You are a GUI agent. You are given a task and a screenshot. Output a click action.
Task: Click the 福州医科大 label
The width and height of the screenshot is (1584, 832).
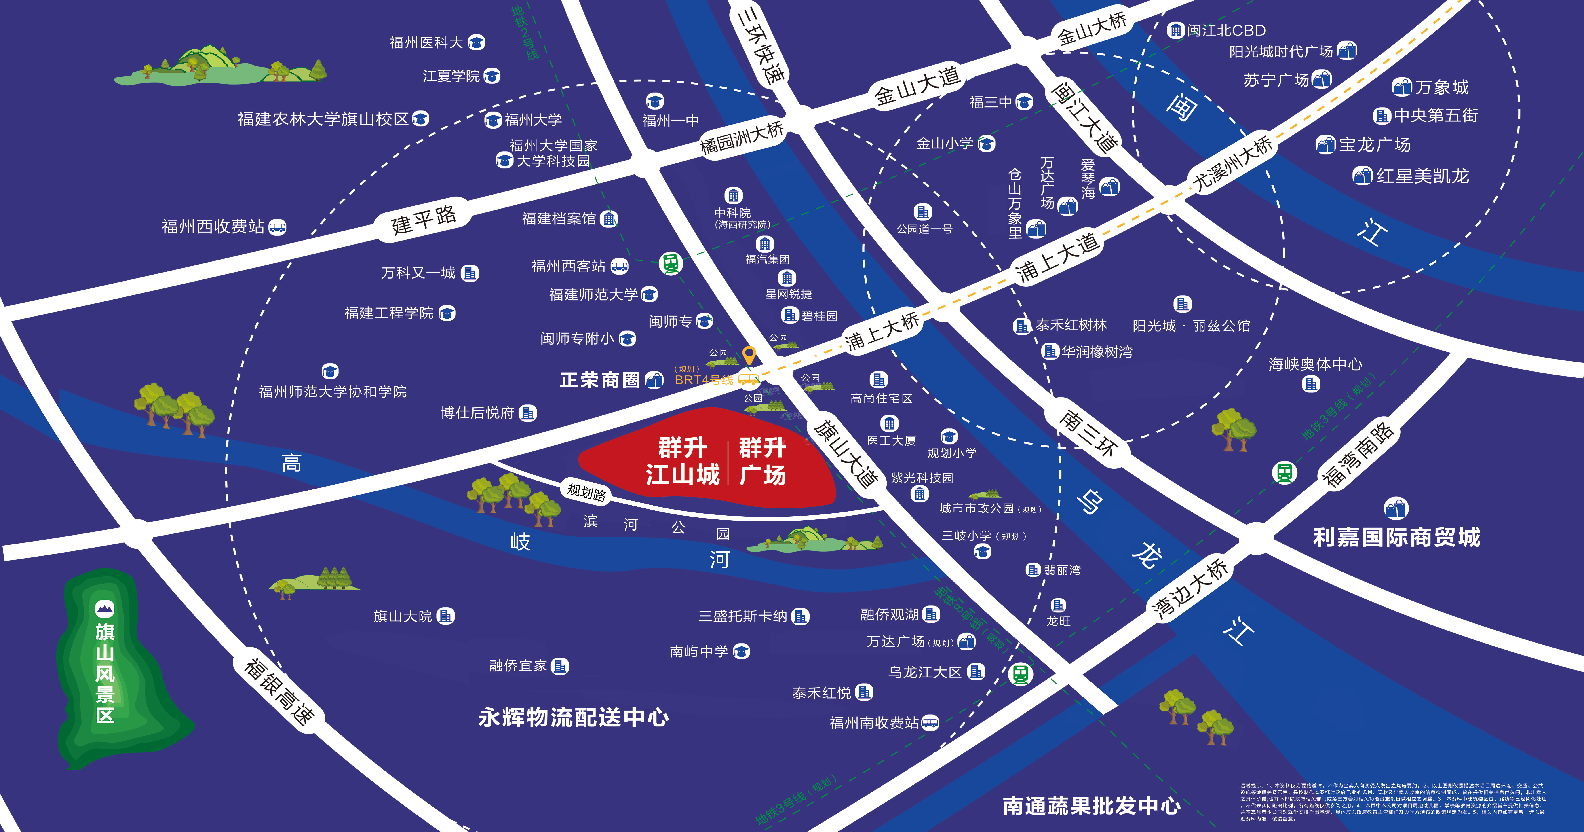(x=426, y=42)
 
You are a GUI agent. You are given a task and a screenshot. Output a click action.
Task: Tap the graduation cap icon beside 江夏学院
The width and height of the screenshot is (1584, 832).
(x=492, y=76)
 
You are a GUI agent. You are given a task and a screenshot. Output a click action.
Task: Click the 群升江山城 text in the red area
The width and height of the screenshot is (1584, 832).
(x=683, y=461)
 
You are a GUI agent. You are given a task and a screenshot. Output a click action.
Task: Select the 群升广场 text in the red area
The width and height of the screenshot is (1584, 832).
(x=762, y=461)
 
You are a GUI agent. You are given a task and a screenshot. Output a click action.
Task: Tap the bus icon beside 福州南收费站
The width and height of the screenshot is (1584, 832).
(x=930, y=723)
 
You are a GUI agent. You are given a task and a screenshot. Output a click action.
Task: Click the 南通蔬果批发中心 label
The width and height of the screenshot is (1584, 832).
(x=1091, y=806)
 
